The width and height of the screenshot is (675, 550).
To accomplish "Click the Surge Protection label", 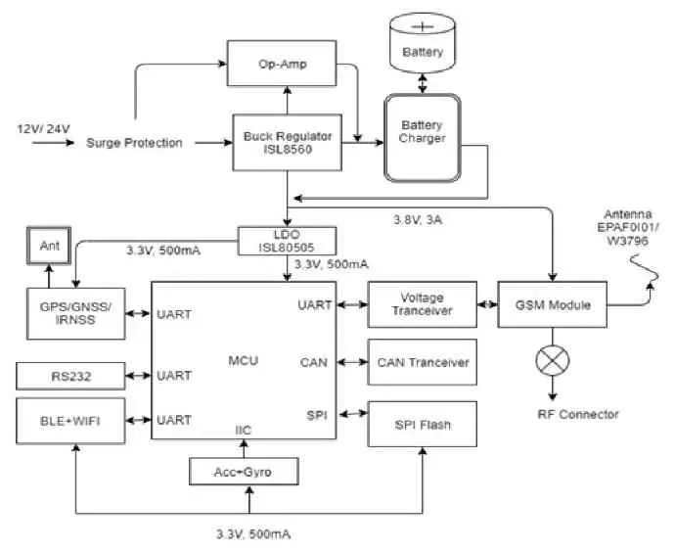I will pyautogui.click(x=134, y=143).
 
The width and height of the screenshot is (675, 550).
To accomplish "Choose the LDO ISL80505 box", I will pyautogui.click(x=289, y=239).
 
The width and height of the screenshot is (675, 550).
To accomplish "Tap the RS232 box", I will pyautogui.click(x=72, y=375).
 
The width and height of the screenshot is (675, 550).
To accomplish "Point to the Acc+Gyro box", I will pyautogui.click(x=243, y=472).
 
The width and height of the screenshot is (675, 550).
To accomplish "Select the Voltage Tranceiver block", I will pyautogui.click(x=422, y=304).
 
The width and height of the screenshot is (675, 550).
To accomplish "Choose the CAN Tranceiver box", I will pyautogui.click(x=422, y=362).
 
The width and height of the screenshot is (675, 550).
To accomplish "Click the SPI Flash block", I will pyautogui.click(x=422, y=424).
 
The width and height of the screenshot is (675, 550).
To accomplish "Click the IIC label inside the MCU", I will pyautogui.click(x=245, y=429).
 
